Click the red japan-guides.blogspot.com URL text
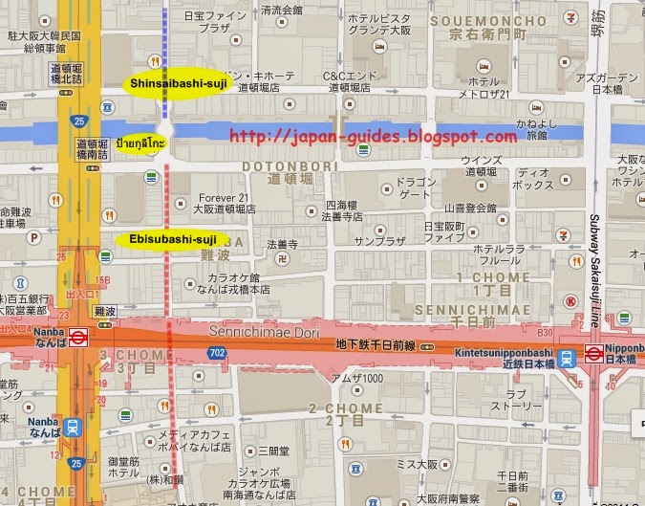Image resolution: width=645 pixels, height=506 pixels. point(373,138)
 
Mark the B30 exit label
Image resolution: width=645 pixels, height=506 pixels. point(546,332)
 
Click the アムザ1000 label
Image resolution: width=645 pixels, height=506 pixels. point(355,378)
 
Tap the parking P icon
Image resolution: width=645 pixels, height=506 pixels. point(35,236)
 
